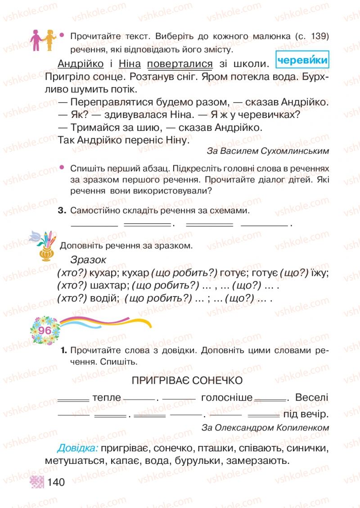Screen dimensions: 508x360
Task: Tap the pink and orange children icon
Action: coord(43,40)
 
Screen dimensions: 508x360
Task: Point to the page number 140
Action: coord(56,483)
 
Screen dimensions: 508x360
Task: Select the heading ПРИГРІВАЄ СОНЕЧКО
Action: coord(187,381)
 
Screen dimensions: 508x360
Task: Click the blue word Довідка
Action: coord(77,448)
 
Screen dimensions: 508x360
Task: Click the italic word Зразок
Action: coord(88,260)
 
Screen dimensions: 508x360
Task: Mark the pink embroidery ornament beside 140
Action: coord(37,483)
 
